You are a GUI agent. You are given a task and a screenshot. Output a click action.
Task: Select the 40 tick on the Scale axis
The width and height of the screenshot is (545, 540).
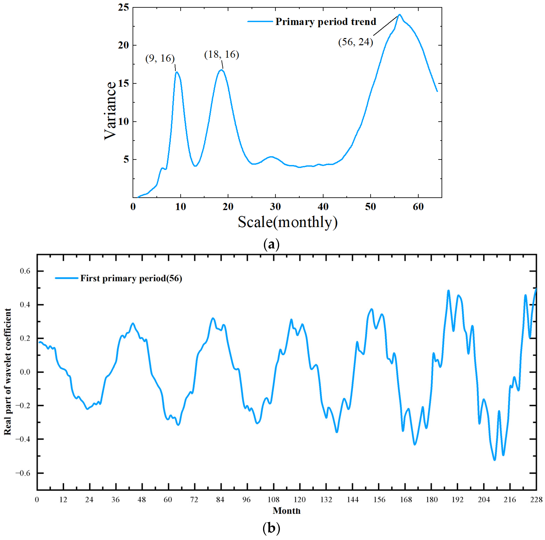tap(323, 207)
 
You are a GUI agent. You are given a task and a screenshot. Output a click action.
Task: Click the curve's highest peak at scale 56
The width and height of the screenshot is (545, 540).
tap(400, 15)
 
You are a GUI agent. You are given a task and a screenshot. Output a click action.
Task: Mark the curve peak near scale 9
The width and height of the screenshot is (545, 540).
tap(177, 72)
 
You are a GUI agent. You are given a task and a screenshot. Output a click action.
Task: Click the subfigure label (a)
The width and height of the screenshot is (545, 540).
tap(271, 244)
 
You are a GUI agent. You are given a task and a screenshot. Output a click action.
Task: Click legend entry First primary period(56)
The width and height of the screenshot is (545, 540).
tap(131, 278)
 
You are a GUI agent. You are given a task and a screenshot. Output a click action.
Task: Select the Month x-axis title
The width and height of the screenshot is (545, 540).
tap(287, 510)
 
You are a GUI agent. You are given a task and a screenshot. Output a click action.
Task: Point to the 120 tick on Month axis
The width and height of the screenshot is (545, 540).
tap(299, 499)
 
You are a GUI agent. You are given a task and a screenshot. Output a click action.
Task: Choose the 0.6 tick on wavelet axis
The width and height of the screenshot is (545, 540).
tap(25, 271)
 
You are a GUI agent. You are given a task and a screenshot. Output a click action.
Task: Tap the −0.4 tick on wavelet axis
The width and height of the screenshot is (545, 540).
tap(23, 439)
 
